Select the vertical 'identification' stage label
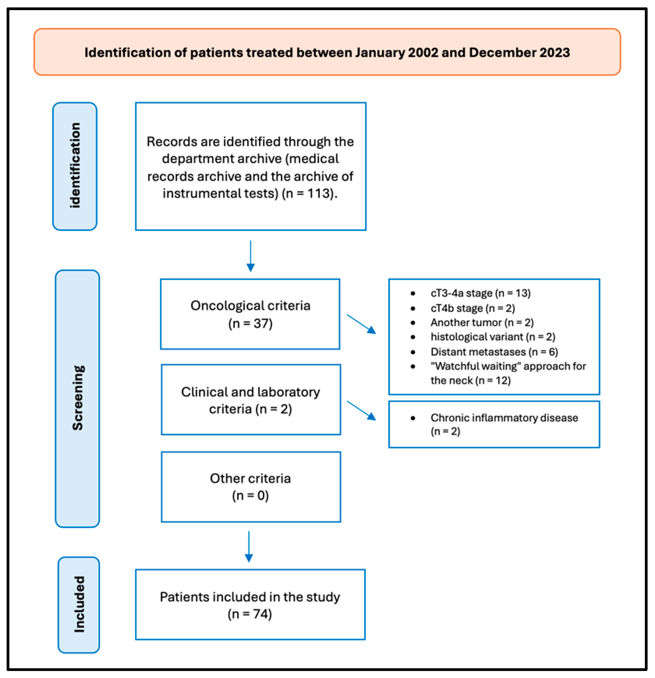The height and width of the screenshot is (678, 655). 75,166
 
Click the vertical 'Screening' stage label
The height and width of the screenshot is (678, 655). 78,398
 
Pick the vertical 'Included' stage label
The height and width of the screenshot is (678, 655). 79,604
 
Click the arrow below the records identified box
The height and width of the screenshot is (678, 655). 251,256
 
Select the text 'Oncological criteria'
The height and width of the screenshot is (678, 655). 250,306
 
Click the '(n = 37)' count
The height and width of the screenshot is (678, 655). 250,323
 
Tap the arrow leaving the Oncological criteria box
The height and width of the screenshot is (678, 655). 361,324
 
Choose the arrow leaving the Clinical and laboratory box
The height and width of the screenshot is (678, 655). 361,411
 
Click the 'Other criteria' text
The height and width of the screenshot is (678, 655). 250,478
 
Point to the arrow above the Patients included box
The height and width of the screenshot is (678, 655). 249,546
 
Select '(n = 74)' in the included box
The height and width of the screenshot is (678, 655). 250,614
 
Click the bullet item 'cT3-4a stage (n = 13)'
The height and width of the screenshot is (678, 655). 480,293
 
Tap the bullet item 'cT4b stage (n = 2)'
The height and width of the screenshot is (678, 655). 473,308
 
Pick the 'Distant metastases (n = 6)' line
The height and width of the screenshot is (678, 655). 494,352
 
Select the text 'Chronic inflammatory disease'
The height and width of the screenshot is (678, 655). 504,418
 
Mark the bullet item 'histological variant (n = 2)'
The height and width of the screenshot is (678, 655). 493,337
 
